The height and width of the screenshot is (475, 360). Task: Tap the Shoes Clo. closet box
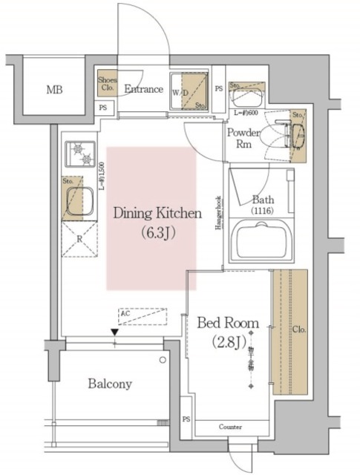tap(108, 84)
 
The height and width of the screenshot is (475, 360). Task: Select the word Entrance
tap(143, 89)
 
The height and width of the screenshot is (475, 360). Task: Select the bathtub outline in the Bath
tap(262, 241)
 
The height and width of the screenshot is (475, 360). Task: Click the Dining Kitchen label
tap(157, 214)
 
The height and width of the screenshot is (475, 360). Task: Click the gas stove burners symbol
tap(79, 155)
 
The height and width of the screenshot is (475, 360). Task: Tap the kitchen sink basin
tap(79, 201)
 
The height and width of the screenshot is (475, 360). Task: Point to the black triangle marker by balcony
tap(114, 332)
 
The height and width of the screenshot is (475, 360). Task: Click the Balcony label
tap(109, 384)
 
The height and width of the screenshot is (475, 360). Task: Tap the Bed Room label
tap(227, 323)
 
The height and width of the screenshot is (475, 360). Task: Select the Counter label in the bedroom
tap(230, 427)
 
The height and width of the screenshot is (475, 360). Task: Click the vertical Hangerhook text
tap(219, 216)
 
